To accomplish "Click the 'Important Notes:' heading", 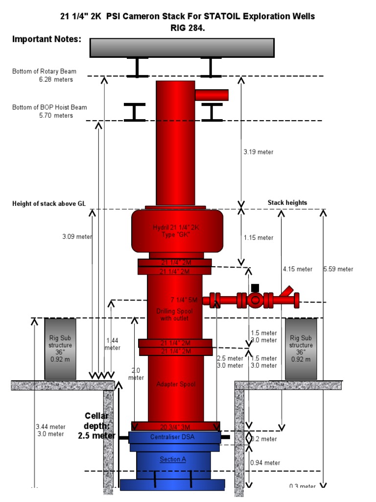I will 47,39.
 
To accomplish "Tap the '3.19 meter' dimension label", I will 258,152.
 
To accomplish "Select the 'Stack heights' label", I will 287,202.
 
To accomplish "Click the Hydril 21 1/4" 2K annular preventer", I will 177,231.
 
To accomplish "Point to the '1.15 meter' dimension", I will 258,238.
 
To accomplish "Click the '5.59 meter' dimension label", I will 338,269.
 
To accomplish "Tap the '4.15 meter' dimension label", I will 297,269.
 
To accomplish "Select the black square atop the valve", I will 255,288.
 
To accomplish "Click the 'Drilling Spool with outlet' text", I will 175,315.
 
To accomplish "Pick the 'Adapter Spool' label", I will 175,384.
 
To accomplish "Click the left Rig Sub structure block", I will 60,349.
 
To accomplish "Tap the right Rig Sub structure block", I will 301,349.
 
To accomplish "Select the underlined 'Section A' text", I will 173,459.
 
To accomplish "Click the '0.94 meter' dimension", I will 265,462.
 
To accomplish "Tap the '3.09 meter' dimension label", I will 77,237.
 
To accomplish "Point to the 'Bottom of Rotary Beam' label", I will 44,72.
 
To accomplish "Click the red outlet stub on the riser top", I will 211,95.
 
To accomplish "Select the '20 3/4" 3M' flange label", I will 175,426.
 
